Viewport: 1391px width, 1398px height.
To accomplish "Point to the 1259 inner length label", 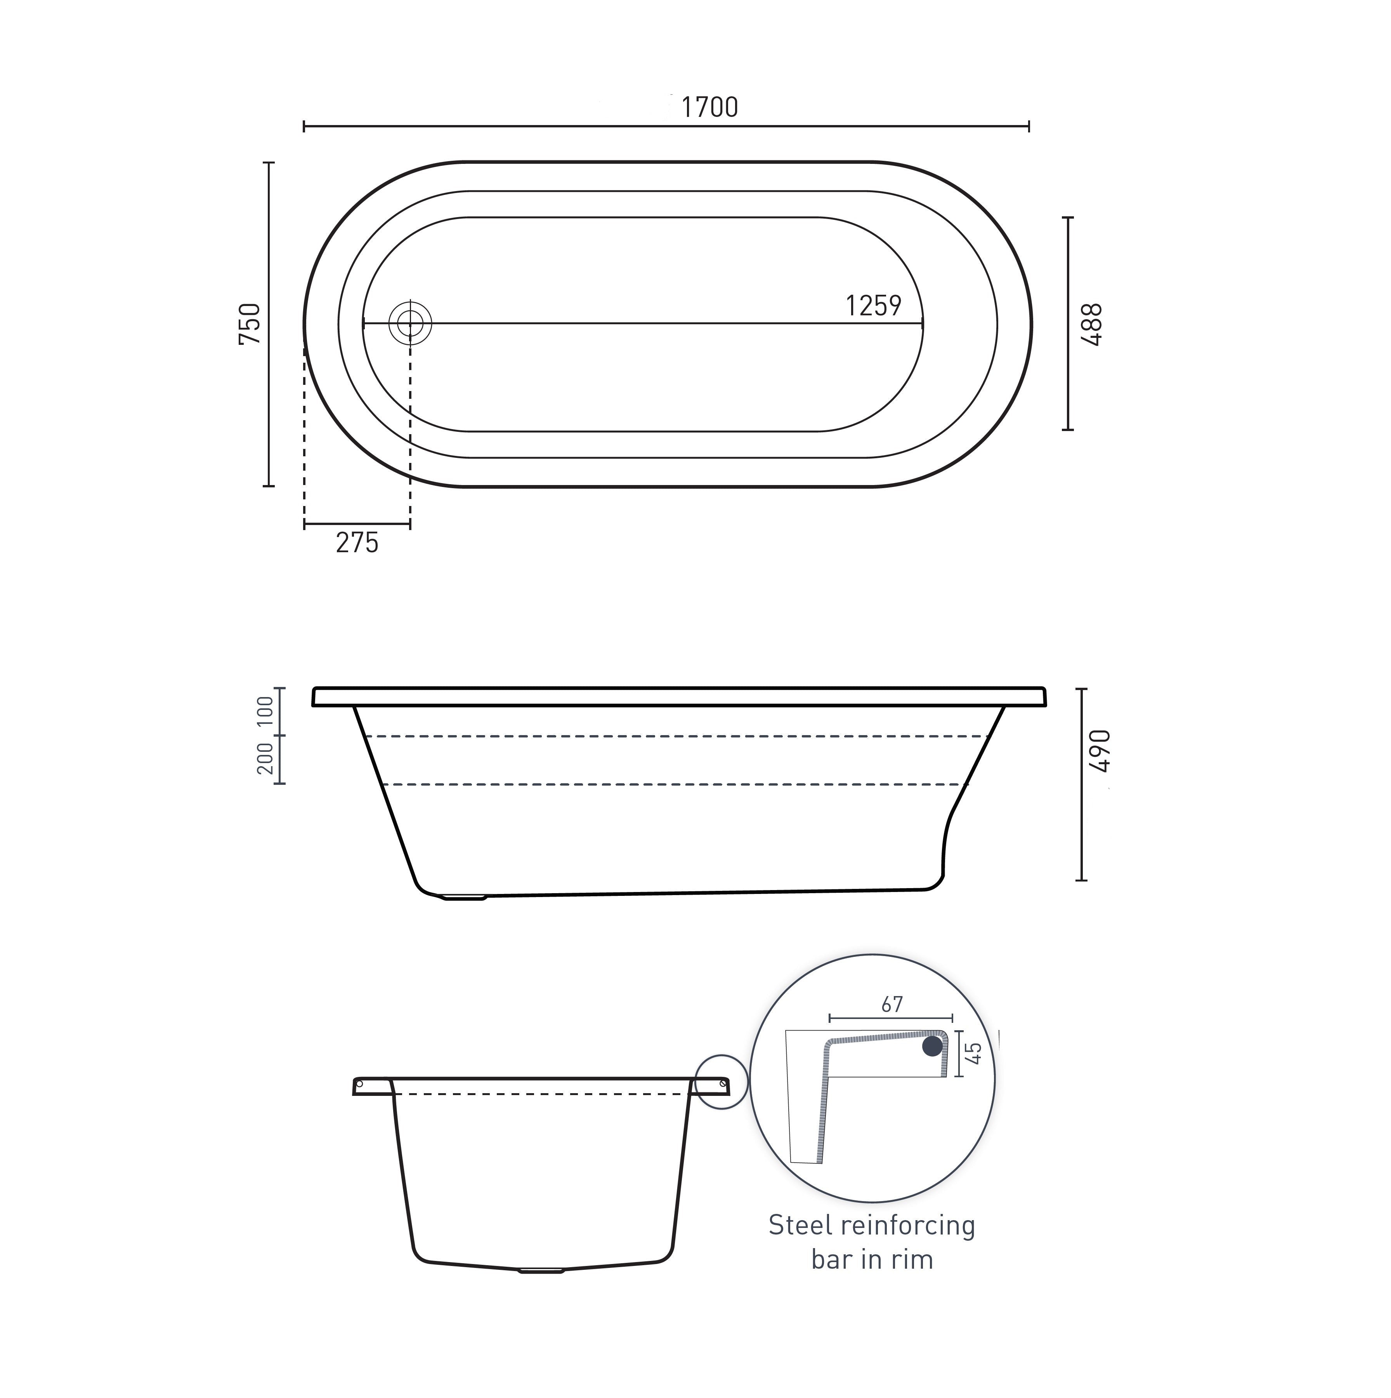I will point(873,306).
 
